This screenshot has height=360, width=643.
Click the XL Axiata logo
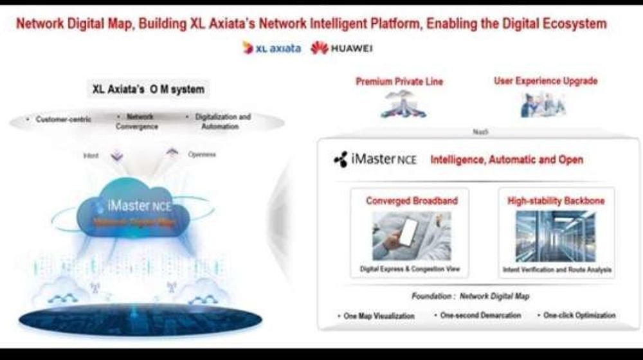tap(271, 48)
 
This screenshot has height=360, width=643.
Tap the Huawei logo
tap(341, 48)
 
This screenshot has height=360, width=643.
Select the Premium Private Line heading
tap(399, 82)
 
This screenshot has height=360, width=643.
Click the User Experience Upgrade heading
tap(545, 81)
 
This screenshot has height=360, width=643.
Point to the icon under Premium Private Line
tap(403, 104)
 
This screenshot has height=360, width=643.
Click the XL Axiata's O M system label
tap(149, 89)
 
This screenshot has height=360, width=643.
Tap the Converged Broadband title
tap(412, 201)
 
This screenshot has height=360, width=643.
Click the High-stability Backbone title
tap(556, 201)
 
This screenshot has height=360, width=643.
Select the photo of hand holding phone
tap(412, 235)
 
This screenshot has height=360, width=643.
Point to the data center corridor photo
tap(556, 235)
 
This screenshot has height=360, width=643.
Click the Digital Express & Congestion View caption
tap(412, 269)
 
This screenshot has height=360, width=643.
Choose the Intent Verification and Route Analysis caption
tap(556, 269)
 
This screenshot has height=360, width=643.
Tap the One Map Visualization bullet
tap(376, 316)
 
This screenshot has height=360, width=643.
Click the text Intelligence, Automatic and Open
tap(507, 159)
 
